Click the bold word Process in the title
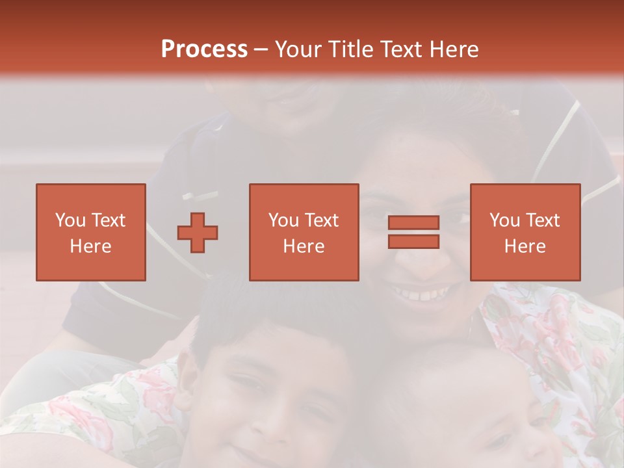(204, 49)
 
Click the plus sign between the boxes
(198, 232)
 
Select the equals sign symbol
(413, 232)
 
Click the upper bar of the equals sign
(413, 222)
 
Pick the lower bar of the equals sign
(413, 241)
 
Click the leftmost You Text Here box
(91, 232)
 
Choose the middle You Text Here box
(304, 232)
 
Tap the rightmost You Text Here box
(525, 232)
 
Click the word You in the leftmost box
(70, 220)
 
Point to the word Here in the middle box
(304, 246)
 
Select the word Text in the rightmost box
(543, 220)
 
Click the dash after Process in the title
(261, 49)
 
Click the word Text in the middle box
(322, 220)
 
